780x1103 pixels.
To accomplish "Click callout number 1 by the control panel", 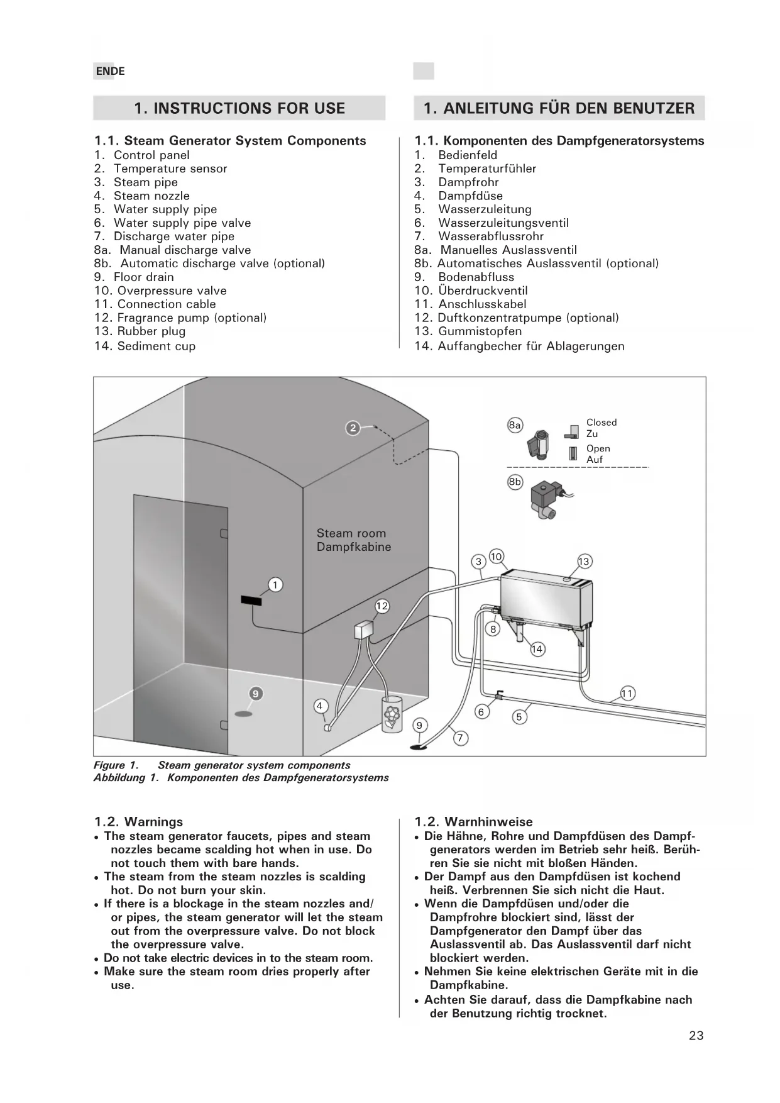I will (x=275, y=585).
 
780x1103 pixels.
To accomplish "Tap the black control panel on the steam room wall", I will (x=251, y=601).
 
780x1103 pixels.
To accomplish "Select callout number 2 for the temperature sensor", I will (x=353, y=428).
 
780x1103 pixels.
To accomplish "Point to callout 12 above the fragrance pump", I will (x=382, y=606).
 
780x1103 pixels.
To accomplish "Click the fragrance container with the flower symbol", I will (x=392, y=715).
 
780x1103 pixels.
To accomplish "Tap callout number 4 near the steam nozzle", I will (x=320, y=706).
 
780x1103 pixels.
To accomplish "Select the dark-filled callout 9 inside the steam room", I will (x=256, y=694).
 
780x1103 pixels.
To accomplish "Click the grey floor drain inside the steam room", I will (x=243, y=714).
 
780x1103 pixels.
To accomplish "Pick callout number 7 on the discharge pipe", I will (x=461, y=738).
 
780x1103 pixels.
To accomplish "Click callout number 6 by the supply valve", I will (x=481, y=712).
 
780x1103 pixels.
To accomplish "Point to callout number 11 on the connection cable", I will (x=627, y=694).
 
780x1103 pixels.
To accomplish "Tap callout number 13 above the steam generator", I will (x=584, y=562).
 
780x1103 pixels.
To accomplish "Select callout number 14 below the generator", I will (x=537, y=649).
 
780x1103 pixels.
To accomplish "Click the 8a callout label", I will (x=515, y=425).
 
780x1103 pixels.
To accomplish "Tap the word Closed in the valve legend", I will (x=601, y=423).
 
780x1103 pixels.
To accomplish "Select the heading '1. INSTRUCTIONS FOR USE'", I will (x=239, y=108).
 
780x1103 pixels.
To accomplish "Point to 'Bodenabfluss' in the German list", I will (x=476, y=277).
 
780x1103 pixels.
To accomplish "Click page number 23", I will (x=696, y=1036).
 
